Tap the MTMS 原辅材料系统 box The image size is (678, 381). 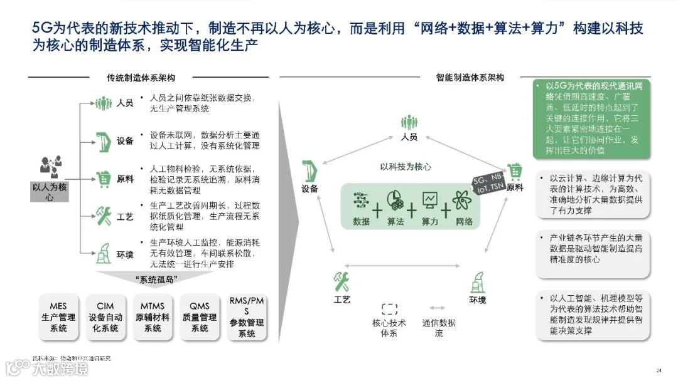tap(153, 317)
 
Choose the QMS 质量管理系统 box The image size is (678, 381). tap(200, 317)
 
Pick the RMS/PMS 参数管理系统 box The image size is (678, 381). tap(247, 317)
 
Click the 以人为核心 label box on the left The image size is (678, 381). tap(50, 191)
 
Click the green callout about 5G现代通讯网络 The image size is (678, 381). tap(591, 118)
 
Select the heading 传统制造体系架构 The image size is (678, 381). tap(141, 78)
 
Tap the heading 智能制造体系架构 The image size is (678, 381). tap(470, 78)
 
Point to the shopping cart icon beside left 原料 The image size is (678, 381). tap(102, 178)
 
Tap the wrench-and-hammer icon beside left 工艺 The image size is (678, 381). tap(102, 216)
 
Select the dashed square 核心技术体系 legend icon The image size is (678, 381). tap(389, 308)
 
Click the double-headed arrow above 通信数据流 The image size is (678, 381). tap(438, 308)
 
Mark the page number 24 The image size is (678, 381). tap(659, 369)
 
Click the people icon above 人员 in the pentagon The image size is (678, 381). tap(409, 122)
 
